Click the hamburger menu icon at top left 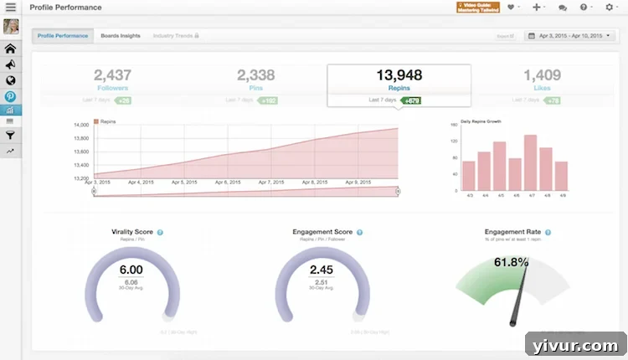(11, 8)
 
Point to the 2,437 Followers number (112, 75)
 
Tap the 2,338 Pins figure (255, 75)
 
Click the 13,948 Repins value (398, 75)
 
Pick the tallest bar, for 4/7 (530, 162)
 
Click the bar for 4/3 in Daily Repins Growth (469, 176)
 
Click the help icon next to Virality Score (160, 232)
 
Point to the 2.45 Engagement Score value (322, 270)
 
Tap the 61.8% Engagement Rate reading (512, 262)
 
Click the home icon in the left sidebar (11, 49)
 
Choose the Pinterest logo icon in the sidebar (11, 95)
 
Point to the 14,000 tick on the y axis (81, 126)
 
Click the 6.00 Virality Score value (131, 270)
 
